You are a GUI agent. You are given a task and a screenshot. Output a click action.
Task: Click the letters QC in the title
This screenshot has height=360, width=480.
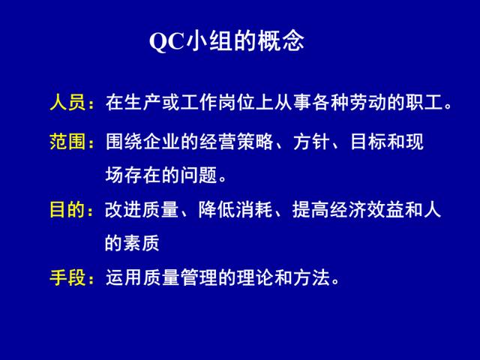click(x=167, y=41)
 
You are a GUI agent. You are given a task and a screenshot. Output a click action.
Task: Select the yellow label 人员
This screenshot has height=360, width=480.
click(x=67, y=102)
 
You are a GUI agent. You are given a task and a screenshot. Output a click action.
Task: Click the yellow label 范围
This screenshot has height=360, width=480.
click(x=67, y=142)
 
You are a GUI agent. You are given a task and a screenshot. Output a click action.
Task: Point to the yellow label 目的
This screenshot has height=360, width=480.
click(x=67, y=210)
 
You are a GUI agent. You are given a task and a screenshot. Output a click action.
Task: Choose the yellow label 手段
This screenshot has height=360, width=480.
click(x=67, y=277)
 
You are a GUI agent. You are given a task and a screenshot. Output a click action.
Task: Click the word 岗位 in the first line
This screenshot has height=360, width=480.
click(x=237, y=102)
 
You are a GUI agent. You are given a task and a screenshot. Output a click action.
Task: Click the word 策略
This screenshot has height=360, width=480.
click(x=255, y=142)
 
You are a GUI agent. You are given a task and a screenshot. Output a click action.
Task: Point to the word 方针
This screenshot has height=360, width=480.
click(x=312, y=142)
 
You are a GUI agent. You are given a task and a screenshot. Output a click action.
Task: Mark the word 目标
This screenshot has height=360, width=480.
click(x=368, y=142)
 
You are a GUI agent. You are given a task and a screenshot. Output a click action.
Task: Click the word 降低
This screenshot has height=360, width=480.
click(x=217, y=210)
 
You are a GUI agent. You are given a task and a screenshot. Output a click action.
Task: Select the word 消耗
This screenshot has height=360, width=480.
click(x=255, y=210)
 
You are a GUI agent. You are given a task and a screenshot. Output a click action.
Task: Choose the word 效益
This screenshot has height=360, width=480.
click(x=385, y=210)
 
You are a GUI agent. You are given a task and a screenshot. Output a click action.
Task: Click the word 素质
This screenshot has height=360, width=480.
click(x=142, y=243)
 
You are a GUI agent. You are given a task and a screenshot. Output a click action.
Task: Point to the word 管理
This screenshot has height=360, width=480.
click(x=199, y=277)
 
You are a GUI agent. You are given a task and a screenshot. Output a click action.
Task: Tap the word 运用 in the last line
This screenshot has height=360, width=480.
click(x=124, y=277)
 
